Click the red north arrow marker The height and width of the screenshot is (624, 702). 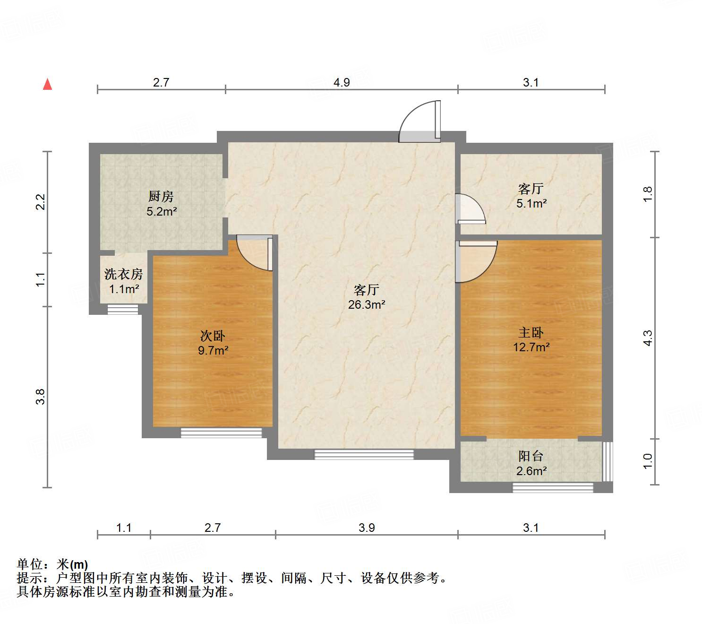pyautogui.click(x=47, y=84)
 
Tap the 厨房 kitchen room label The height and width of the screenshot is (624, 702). pyautogui.click(x=161, y=196)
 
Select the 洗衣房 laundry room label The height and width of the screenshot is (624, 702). pyautogui.click(x=123, y=274)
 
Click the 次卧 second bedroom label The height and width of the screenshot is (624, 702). pyautogui.click(x=213, y=336)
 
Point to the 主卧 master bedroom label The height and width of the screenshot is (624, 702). pyautogui.click(x=531, y=333)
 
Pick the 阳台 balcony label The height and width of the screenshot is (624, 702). pyautogui.click(x=531, y=456)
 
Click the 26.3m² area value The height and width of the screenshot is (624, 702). pyautogui.click(x=367, y=305)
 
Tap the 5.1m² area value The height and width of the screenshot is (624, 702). pyautogui.click(x=532, y=204)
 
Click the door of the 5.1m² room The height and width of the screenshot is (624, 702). pyautogui.click(x=469, y=209)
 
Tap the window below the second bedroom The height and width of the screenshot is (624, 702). pyautogui.click(x=221, y=433)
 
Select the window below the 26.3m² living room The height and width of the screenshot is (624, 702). pyautogui.click(x=364, y=454)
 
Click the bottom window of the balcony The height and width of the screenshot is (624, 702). pyautogui.click(x=553, y=487)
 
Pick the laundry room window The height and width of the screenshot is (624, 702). pyautogui.click(x=123, y=310)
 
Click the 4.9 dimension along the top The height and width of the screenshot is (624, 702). pyautogui.click(x=342, y=83)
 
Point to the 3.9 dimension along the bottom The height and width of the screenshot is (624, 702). pyautogui.click(x=367, y=528)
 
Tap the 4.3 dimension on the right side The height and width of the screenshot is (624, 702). pyautogui.click(x=648, y=338)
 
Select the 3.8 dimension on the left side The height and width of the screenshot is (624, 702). pyautogui.click(x=41, y=396)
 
